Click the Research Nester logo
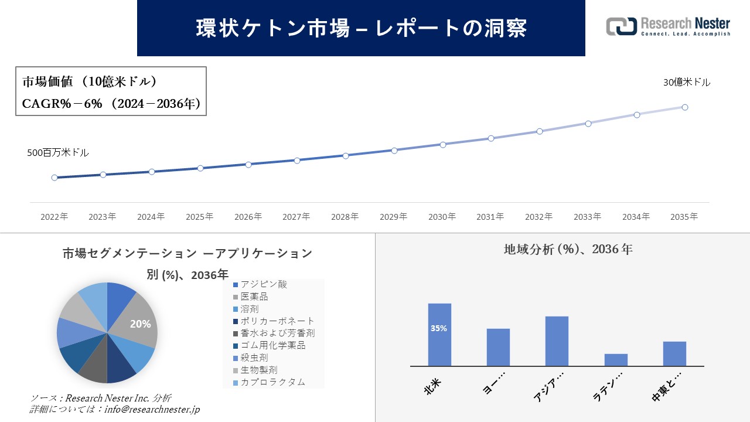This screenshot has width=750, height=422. (668, 26)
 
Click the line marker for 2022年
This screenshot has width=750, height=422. (54, 178)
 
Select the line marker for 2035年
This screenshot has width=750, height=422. (684, 107)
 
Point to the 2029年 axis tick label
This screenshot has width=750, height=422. (393, 217)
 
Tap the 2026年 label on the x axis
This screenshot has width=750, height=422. (248, 217)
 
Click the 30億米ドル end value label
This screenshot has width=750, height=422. (687, 83)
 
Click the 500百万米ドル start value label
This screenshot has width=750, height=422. (58, 153)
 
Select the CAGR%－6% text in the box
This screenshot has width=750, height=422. (62, 104)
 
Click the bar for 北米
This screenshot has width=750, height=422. (439, 335)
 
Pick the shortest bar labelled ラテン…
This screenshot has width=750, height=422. (616, 360)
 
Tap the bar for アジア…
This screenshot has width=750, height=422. (557, 341)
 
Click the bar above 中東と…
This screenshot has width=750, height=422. (674, 353)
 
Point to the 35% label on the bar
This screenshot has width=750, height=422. (439, 329)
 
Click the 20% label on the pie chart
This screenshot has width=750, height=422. (140, 324)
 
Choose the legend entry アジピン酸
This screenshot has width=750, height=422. (264, 284)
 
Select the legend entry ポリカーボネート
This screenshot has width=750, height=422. (277, 321)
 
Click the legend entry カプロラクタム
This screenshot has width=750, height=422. (272, 382)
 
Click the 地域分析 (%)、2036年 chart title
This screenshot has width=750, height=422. (568, 249)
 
